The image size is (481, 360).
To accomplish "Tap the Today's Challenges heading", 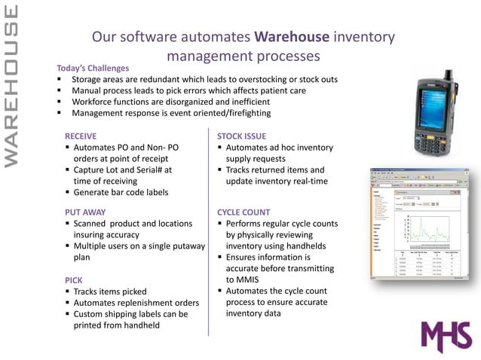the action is pos(93,68).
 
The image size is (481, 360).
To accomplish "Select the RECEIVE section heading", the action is pos(81,136).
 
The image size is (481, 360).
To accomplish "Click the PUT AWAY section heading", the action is pos(85,212).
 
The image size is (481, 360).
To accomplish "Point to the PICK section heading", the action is pos(74,279).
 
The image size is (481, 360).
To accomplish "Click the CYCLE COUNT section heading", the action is pos(244,212).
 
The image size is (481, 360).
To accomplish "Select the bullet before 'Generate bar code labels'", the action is pos(67,192).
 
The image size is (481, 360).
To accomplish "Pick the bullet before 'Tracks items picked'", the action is pos(67,291).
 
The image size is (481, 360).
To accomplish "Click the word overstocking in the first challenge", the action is pos(244,79).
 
